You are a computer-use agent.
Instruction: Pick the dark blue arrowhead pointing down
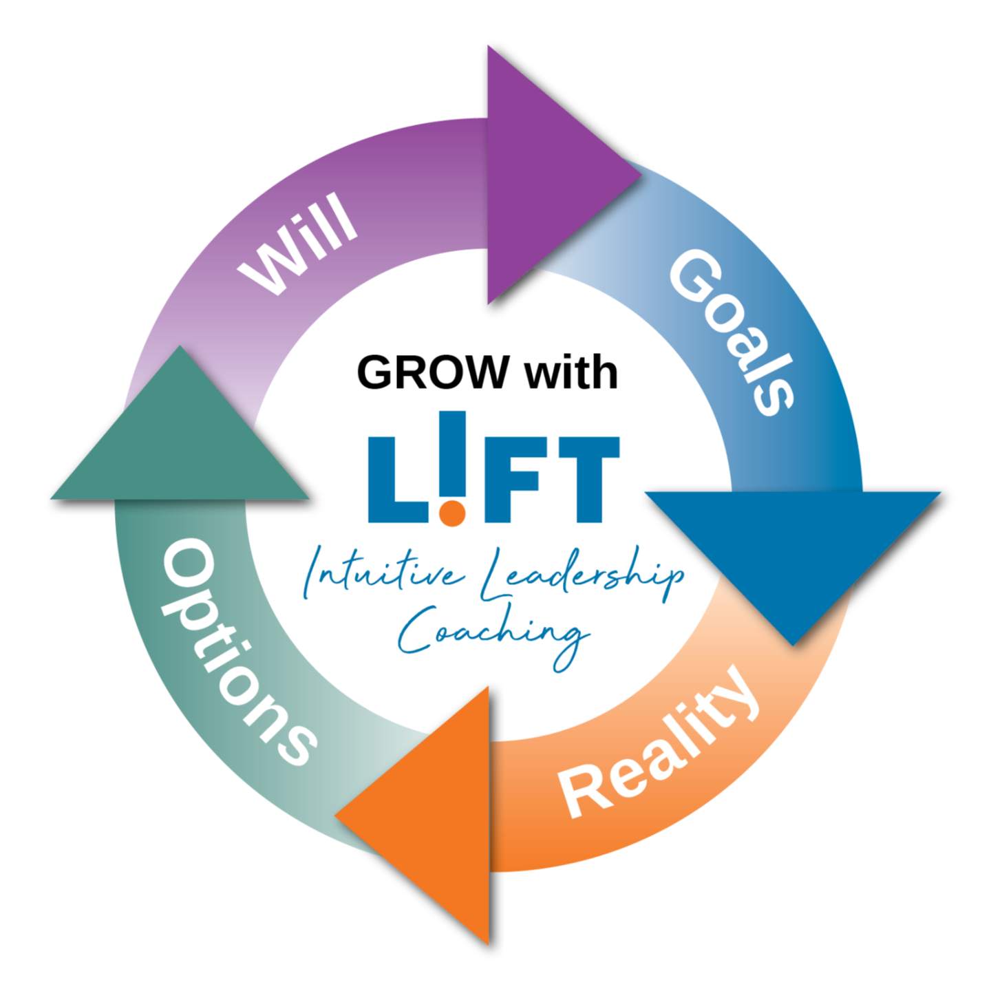pyautogui.click(x=791, y=551)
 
